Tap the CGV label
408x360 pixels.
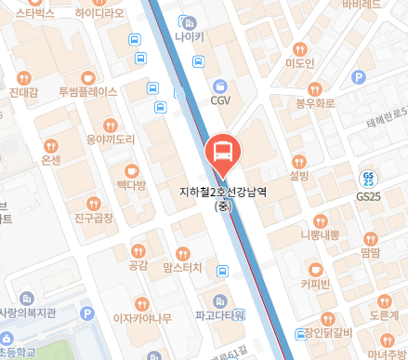(x=220, y=100)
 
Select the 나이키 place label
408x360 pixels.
(x=190, y=37)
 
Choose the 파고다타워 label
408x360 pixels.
(x=219, y=314)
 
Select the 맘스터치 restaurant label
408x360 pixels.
(x=182, y=268)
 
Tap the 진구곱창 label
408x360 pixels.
(x=93, y=218)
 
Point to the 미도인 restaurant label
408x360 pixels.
(x=300, y=63)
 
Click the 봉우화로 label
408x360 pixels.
(x=313, y=105)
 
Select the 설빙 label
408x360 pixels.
(x=298, y=175)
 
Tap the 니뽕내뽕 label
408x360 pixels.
(x=320, y=235)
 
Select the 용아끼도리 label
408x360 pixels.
(x=111, y=139)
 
